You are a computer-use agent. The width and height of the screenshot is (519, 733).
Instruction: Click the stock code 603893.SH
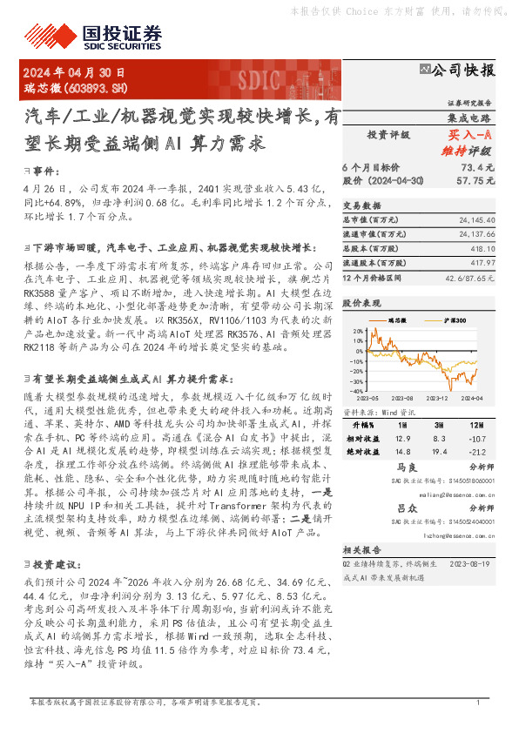pyautogui.click(x=91, y=89)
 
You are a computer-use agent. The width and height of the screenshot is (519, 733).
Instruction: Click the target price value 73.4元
pyautogui.click(x=478, y=166)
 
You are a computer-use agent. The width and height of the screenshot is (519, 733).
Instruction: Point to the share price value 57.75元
pyautogui.click(x=476, y=179)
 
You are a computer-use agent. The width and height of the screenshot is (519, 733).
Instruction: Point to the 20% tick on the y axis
pyautogui.click(x=358, y=332)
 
